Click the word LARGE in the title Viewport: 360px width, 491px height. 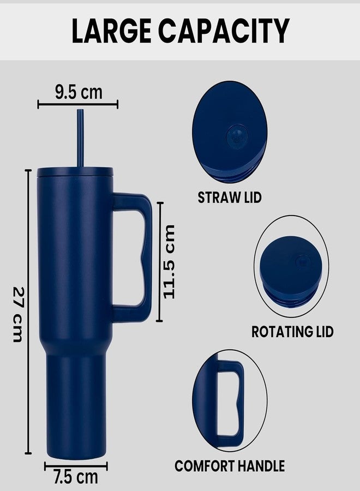111,31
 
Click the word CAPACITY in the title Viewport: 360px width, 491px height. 224,31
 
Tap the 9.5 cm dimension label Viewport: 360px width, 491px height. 79,92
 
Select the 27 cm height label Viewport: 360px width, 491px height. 18,314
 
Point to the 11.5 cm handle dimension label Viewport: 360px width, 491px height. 169,262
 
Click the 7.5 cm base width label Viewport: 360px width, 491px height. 75,477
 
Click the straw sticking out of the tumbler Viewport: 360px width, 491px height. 80,138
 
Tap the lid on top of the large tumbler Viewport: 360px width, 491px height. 75,172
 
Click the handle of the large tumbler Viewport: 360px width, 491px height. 147,257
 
